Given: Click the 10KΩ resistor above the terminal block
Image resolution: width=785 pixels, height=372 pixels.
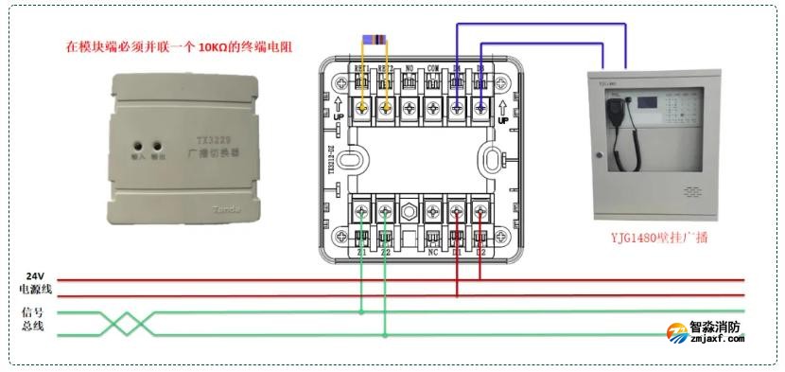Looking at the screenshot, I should click(375, 41).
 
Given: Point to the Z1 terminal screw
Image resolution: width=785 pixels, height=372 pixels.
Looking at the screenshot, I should click(362, 210).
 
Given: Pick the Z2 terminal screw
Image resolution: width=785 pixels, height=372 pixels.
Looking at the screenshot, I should click(385, 210).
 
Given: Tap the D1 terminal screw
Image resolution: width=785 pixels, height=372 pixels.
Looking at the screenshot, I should click(457, 210).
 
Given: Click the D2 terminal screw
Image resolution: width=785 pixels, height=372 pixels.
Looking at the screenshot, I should click(480, 210).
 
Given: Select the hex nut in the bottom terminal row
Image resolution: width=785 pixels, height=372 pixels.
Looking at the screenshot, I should click(410, 210).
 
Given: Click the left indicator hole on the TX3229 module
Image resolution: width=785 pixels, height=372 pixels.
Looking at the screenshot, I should click(138, 149).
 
